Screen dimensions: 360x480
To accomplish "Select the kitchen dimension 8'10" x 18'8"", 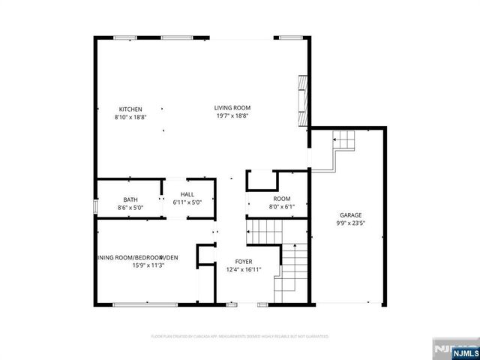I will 130,117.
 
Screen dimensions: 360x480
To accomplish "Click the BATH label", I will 130,199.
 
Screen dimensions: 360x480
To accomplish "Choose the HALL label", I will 187,194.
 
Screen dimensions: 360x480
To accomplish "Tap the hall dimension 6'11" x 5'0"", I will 187,202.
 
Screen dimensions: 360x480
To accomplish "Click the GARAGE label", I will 350,214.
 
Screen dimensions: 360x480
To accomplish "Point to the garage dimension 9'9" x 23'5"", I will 350,223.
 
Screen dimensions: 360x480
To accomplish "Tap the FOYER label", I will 243,261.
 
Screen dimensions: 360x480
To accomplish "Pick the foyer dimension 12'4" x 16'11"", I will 243,269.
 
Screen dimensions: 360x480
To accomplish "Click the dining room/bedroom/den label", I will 138,258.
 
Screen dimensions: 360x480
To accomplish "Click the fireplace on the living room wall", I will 303,100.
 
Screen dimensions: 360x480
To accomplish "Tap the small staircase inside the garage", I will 343,140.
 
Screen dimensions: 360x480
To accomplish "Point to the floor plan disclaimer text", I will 240,337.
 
